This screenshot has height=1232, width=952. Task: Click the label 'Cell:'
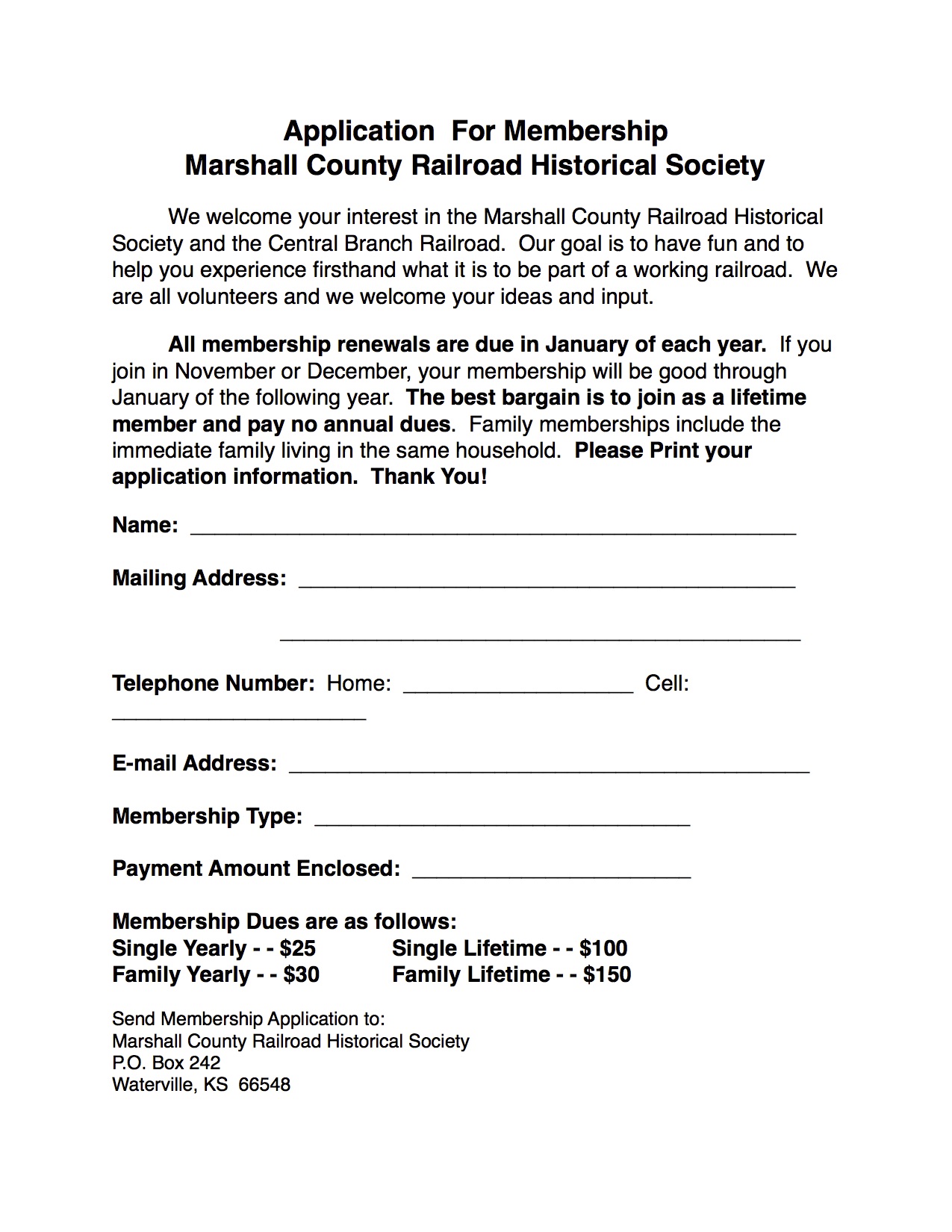tap(667, 684)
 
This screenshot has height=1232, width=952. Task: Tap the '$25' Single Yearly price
tap(298, 948)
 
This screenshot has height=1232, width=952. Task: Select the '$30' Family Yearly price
tap(302, 974)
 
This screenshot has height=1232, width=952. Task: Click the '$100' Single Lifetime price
tap(603, 948)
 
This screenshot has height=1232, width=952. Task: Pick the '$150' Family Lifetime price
tap(607, 974)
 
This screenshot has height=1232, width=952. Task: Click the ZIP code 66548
tap(264, 1085)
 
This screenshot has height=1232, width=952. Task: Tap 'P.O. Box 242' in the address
tap(167, 1063)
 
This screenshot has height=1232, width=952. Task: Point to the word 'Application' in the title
tap(358, 132)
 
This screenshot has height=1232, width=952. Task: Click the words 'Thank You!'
tap(429, 477)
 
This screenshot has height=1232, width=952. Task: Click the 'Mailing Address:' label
tap(199, 579)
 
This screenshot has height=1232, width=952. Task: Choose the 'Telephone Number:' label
tap(214, 684)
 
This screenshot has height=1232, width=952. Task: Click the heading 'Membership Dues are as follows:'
tap(284, 921)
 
